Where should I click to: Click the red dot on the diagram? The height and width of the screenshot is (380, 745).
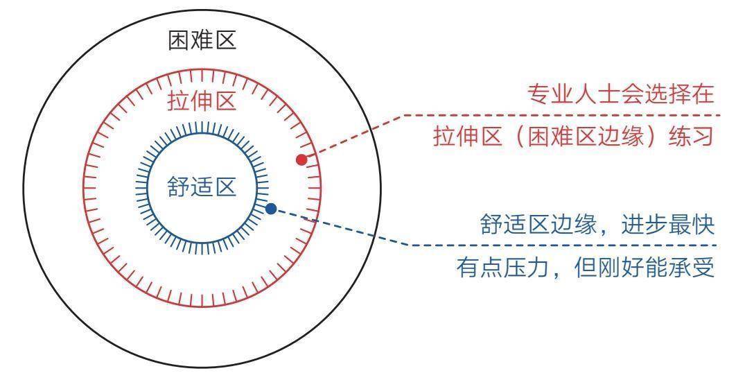tap(301, 159)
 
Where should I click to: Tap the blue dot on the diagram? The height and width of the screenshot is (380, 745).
tap(271, 208)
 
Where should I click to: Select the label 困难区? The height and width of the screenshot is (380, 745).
tap(202, 40)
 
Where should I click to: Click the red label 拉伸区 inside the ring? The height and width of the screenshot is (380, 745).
tap(202, 101)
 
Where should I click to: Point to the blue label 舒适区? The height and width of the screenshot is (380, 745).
tap(202, 187)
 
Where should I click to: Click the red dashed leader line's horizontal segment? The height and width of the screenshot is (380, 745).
tap(562, 115)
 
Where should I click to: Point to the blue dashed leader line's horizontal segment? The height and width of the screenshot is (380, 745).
tap(563, 245)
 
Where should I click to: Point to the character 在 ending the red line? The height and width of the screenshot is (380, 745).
tap(703, 94)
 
